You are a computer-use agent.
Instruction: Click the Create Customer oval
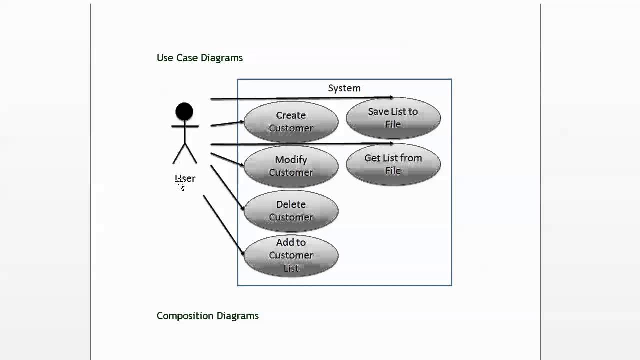(x=291, y=122)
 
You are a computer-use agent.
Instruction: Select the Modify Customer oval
(x=291, y=166)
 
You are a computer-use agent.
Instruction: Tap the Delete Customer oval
(x=291, y=211)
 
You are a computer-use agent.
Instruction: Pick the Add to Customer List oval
(x=291, y=255)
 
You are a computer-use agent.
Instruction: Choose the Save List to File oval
(x=393, y=118)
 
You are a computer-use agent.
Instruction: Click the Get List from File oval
(x=393, y=164)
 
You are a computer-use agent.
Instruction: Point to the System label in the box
(x=344, y=88)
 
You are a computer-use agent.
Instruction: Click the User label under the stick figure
(x=185, y=178)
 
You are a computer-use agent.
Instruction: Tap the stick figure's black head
(x=184, y=112)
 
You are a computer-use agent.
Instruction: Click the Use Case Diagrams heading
(x=200, y=58)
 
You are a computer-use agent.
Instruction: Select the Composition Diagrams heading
(x=207, y=316)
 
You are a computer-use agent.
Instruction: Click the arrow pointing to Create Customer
(x=227, y=123)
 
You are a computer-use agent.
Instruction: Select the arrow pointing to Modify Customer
(x=227, y=159)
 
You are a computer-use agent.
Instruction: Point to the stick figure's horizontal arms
(x=185, y=126)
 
